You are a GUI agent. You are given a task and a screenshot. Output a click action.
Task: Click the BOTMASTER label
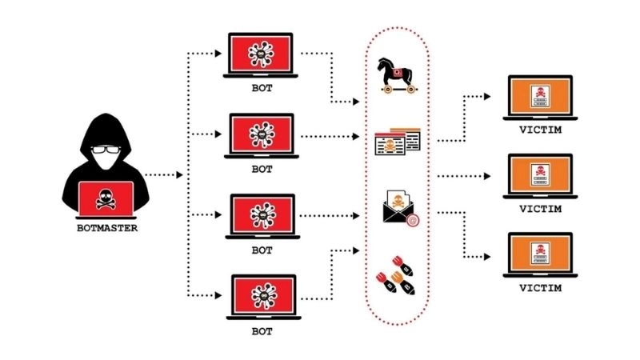[101, 229]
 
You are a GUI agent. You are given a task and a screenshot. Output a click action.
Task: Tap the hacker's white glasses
[102, 150]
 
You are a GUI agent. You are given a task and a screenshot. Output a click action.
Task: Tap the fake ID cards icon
[398, 142]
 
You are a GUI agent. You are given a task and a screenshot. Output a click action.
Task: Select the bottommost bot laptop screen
[262, 295]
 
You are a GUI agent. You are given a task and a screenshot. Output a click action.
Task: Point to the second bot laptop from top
[262, 134]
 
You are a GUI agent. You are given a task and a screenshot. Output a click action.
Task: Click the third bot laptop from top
[262, 214]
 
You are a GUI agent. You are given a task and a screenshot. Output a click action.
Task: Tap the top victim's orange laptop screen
[541, 96]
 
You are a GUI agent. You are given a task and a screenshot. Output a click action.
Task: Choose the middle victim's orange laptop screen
[541, 174]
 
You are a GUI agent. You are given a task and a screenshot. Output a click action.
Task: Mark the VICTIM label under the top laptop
[541, 131]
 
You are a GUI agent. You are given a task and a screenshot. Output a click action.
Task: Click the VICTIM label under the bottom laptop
[541, 288]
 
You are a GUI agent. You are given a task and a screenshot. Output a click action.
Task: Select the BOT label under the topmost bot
[262, 89]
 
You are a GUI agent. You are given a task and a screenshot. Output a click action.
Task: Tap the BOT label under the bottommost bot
[262, 330]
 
